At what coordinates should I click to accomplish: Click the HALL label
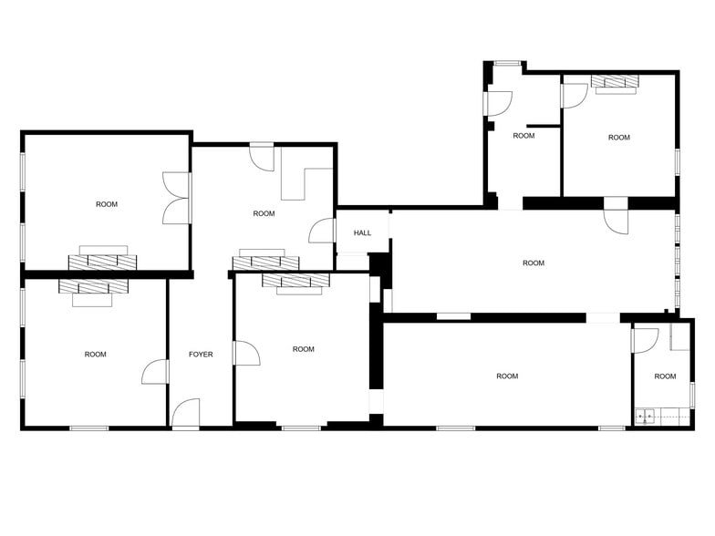pos(363,233)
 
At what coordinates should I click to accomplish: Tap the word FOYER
pos(201,355)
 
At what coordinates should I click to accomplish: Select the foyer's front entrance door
pos(186,414)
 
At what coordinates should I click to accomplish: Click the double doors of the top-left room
pos(175,198)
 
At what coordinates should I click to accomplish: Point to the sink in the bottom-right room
pos(646,417)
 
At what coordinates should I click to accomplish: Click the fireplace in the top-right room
pos(614,83)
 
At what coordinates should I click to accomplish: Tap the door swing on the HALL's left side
pos(322,232)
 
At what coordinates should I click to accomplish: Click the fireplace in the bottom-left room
pos(94,287)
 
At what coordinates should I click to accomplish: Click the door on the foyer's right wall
pos(245,353)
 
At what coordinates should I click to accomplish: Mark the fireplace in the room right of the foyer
pos(295,283)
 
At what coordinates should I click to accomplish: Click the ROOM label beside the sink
pos(665,376)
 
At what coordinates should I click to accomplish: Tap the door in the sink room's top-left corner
pos(646,340)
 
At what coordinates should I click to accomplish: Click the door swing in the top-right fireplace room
pos(575,96)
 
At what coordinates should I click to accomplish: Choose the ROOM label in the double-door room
pos(107,204)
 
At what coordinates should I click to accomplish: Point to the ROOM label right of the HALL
pos(534,263)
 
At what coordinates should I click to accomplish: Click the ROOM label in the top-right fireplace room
pos(619,138)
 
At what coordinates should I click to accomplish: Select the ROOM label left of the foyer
pos(95,355)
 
